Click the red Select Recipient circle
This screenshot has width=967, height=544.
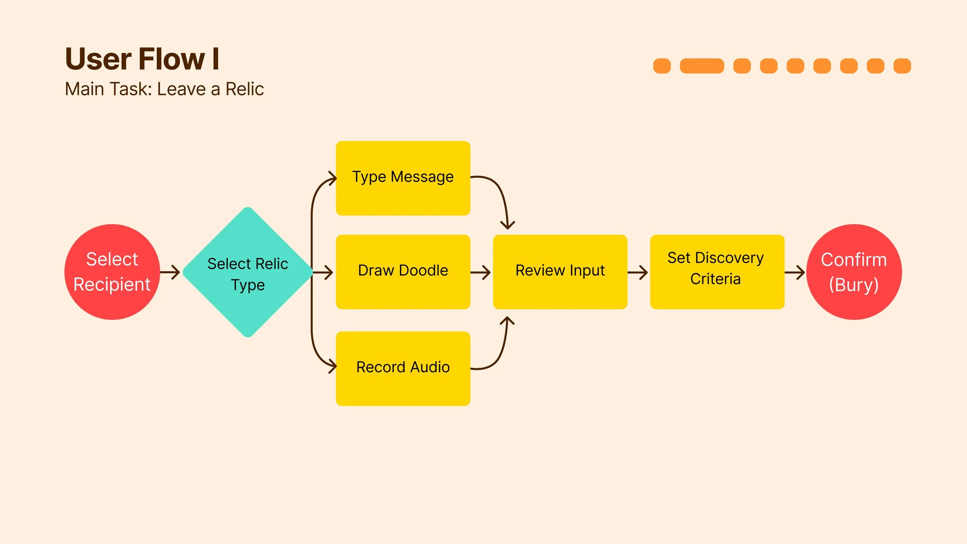[x=112, y=272]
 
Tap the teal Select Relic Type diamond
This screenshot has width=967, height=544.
[x=248, y=272]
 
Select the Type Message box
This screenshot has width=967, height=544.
[x=403, y=178]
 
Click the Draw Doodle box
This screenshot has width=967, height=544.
[x=403, y=272]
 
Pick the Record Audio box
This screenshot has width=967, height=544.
[x=403, y=368]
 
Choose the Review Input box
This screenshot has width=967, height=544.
[x=560, y=272]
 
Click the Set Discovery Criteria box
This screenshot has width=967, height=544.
[x=717, y=272]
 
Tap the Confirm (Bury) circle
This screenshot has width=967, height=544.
[x=854, y=272]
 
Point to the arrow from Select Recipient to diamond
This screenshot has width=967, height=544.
[x=170, y=272]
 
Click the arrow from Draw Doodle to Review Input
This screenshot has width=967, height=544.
[x=480, y=272]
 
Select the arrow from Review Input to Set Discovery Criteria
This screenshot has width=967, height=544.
[x=637, y=272]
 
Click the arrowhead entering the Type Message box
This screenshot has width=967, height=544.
[x=332, y=179]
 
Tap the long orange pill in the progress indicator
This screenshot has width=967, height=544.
[x=702, y=66]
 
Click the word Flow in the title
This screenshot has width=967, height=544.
[x=171, y=59]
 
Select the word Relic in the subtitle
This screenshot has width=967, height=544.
[x=244, y=89]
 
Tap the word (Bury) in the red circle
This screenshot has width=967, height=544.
[x=854, y=285]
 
